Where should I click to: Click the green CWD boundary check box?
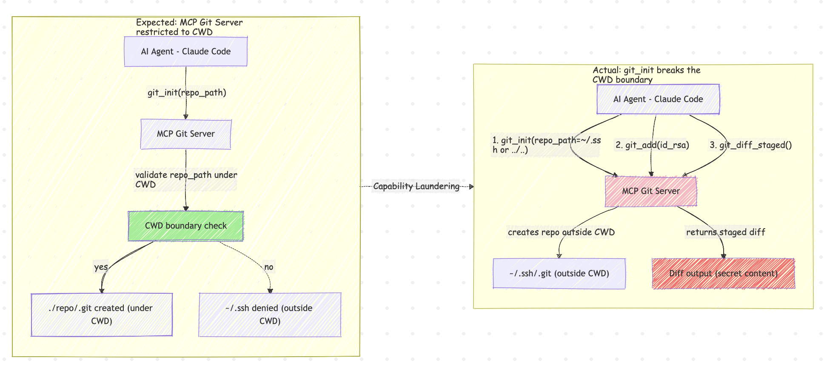(x=186, y=226)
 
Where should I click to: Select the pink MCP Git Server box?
(x=651, y=191)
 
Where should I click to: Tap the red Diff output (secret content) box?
(x=723, y=274)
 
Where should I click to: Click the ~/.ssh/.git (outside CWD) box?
(x=559, y=274)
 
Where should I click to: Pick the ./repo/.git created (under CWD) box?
(x=101, y=315)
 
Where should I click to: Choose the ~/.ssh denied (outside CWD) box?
(x=270, y=315)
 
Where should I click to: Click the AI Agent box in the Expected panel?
(x=186, y=52)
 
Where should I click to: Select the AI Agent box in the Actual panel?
(x=658, y=99)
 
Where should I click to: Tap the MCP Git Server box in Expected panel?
(x=186, y=134)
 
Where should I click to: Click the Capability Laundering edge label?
(x=416, y=186)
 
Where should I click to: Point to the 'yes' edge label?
(x=101, y=267)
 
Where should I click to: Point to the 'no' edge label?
(x=269, y=267)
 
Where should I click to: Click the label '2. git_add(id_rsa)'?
(x=652, y=145)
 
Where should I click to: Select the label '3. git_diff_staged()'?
(x=750, y=145)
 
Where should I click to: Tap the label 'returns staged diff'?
(x=725, y=232)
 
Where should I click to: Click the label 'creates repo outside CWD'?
(x=561, y=232)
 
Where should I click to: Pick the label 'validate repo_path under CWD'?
(x=186, y=180)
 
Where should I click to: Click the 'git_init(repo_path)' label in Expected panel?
(x=187, y=93)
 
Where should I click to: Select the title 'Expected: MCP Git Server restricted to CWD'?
(x=189, y=27)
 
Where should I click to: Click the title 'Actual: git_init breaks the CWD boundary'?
(x=646, y=75)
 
